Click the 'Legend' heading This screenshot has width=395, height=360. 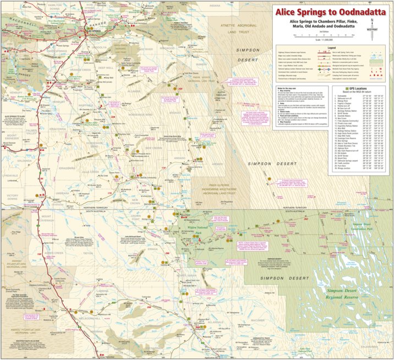(335, 48)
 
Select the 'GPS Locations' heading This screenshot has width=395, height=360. (354, 88)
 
